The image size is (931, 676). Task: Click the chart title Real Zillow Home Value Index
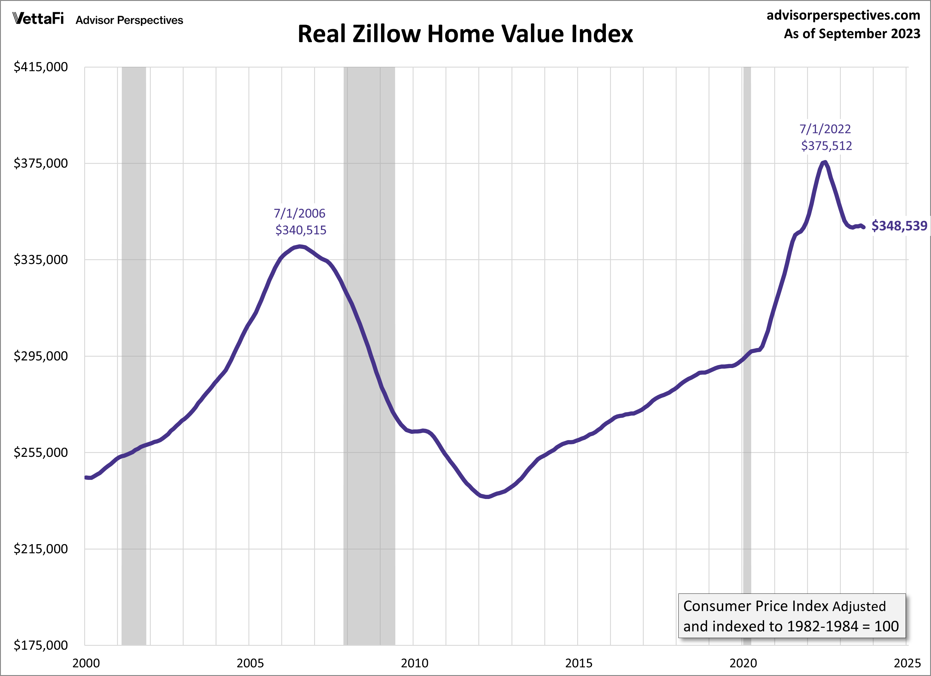[x=465, y=34]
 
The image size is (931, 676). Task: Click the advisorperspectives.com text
[x=843, y=15]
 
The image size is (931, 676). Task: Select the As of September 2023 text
[x=852, y=34]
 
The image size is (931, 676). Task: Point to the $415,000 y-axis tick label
[x=41, y=67]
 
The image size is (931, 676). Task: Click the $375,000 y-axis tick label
[x=41, y=163]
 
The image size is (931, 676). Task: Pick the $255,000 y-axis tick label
[x=41, y=452]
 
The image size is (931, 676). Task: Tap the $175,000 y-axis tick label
[x=41, y=645]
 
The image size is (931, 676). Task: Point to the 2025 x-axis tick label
[x=907, y=663]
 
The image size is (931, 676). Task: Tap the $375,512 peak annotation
[x=826, y=146]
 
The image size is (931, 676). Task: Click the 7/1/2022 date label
[x=825, y=129]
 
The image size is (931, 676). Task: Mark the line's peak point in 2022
[x=825, y=162]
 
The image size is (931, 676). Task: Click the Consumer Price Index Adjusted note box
[x=792, y=616]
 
